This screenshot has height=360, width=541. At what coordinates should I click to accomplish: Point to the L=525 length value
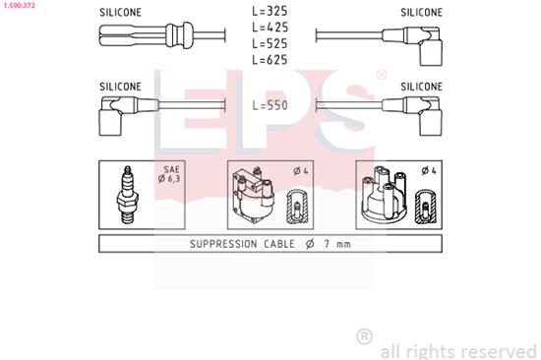coord(270,45)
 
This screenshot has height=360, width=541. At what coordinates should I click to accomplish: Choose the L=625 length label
coord(270,61)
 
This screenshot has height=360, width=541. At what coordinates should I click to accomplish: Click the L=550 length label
coord(270,104)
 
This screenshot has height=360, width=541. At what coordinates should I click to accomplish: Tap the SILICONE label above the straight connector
coord(120,13)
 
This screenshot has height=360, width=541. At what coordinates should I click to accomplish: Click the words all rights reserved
coord(457,350)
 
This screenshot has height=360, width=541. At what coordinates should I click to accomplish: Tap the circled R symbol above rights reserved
coord(364,336)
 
